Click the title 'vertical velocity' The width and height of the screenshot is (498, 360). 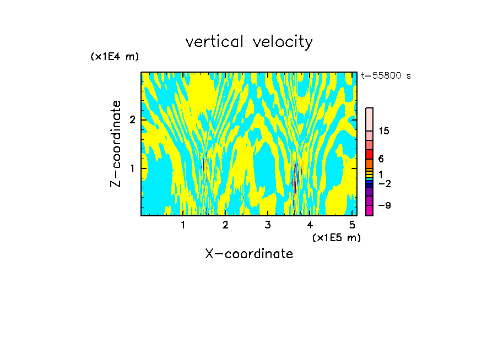(249, 42)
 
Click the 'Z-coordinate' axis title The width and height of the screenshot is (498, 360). (116, 144)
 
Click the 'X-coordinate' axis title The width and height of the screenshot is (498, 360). (249, 254)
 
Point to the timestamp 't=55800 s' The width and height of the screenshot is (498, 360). (386, 76)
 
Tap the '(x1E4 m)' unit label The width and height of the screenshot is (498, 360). (115, 57)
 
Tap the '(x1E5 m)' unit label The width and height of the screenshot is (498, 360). (336, 237)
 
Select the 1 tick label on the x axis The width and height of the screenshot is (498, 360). (183, 225)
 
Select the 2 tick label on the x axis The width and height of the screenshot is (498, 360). (225, 225)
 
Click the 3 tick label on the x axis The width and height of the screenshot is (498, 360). (268, 225)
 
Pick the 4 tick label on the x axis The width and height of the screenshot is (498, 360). (310, 225)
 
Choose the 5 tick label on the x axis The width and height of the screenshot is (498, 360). (352, 225)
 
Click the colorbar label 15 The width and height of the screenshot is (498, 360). (384, 131)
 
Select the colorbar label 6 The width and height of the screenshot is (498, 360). (381, 159)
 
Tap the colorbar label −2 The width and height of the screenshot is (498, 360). (385, 183)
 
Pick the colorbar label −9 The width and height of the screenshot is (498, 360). (385, 205)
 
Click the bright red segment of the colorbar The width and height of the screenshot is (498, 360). (369, 154)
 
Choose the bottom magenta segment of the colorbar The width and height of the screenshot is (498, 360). (369, 210)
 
